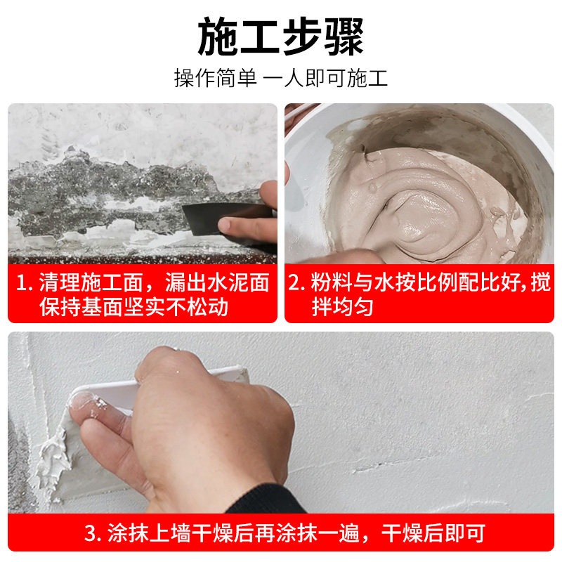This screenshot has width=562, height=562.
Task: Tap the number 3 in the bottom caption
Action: [91, 533]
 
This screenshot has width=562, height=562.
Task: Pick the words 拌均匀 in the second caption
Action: [342, 307]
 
